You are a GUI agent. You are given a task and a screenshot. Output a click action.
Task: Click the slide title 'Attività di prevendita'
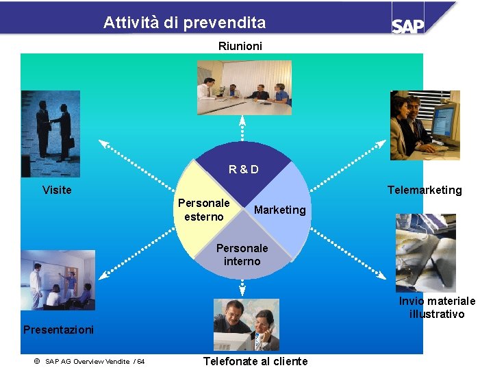tap(184, 23)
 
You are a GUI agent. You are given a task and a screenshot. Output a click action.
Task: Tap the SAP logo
tap(408, 25)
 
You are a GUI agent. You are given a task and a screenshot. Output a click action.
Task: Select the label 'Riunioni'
tap(240, 47)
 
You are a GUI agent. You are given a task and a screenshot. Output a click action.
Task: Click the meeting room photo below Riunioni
tap(244, 88)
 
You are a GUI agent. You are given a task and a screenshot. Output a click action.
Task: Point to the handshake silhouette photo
tap(51, 134)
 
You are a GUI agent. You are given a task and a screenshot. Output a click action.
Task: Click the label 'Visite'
tap(57, 190)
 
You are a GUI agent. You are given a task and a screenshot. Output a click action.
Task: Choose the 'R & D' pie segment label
tap(244, 169)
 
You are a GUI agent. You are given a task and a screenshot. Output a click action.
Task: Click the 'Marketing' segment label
tap(279, 210)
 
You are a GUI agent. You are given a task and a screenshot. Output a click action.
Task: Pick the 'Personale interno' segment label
tap(242, 254)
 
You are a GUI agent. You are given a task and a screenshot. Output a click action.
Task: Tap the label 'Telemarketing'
tap(425, 190)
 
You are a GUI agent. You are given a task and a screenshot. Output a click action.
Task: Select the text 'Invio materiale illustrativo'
tap(437, 308)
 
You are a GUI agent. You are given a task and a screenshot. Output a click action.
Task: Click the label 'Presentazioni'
tap(58, 330)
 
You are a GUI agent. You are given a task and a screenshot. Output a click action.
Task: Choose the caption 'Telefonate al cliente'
tap(255, 361)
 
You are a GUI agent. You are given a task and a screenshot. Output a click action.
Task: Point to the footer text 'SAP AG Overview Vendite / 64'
tap(89, 361)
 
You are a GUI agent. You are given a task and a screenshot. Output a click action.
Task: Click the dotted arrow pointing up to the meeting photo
tap(242, 130)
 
